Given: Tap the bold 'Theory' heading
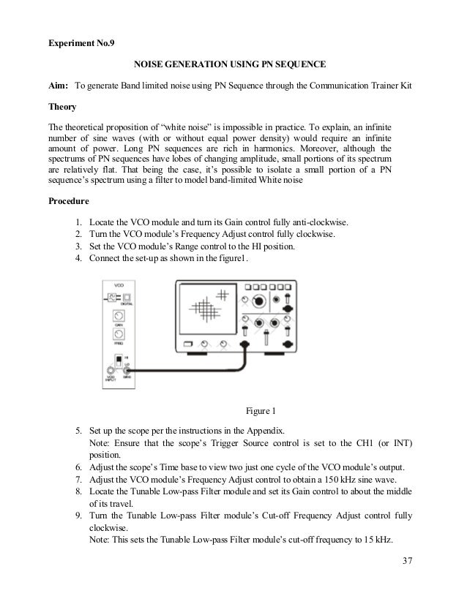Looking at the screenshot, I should (62, 106).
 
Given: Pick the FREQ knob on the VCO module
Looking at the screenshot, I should (119, 336).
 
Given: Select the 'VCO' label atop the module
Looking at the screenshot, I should (119, 284).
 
